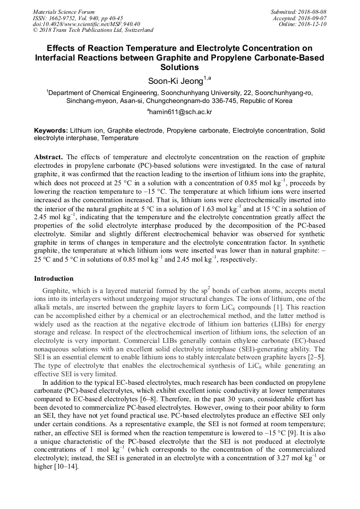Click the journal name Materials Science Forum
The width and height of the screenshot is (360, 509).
pyautogui.click(x=64, y=12)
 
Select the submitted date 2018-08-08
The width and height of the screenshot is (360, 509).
pyautogui.click(x=312, y=12)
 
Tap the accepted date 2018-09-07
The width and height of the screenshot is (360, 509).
pyautogui.click(x=312, y=18)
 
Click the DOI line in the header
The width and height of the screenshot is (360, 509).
pyautogui.click(x=87, y=24)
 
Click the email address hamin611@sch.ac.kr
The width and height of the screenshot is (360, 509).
pyautogui.click(x=181, y=112)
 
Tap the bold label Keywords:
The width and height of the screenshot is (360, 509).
pyautogui.click(x=51, y=131)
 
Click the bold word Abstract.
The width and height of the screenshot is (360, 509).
pyautogui.click(x=48, y=158)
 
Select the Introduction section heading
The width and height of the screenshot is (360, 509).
pyautogui.click(x=54, y=279)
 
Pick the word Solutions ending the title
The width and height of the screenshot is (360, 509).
pyautogui.click(x=179, y=67)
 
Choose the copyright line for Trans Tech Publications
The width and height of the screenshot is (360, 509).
pyautogui.click(x=93, y=30)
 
